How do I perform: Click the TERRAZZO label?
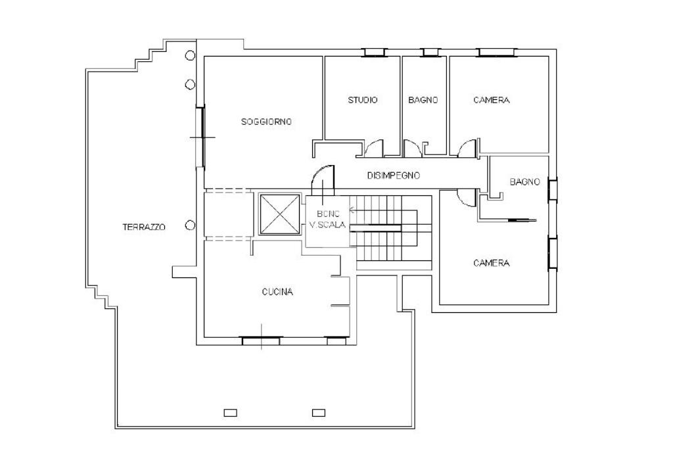(x=144, y=227)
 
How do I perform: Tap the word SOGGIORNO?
(x=266, y=122)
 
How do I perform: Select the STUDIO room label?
(x=363, y=100)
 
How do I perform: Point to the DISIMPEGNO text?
(x=394, y=175)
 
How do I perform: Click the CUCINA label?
(x=277, y=292)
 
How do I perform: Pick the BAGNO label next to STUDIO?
(x=423, y=100)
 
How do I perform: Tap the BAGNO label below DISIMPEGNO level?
(x=524, y=181)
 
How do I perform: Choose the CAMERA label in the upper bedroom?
(x=492, y=100)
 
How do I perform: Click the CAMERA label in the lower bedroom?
(x=492, y=263)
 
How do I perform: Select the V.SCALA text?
(x=327, y=225)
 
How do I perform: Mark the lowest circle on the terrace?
(x=190, y=225)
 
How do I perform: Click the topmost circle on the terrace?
(x=190, y=55)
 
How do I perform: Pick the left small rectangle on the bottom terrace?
(x=231, y=413)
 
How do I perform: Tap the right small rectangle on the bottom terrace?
(x=319, y=413)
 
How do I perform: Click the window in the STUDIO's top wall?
(x=375, y=53)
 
